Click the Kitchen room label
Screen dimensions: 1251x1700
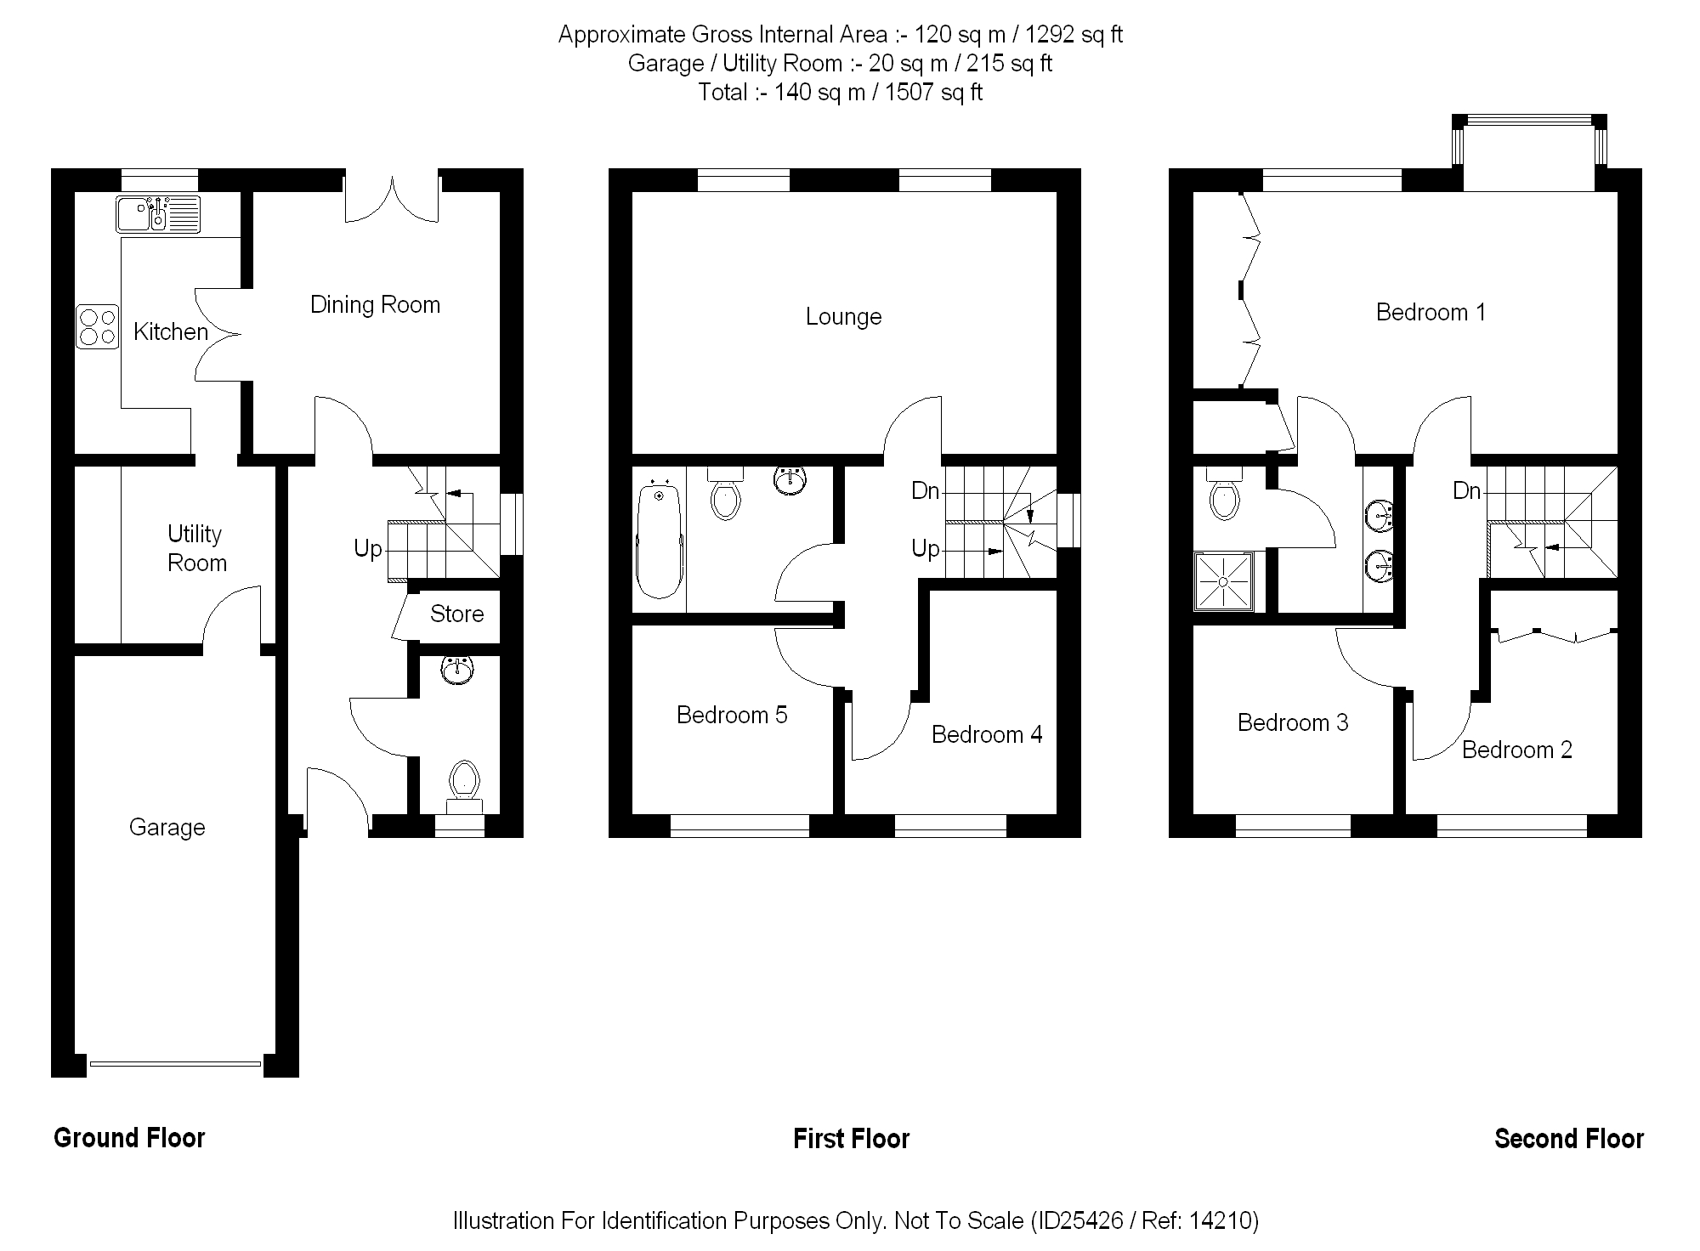pyautogui.click(x=171, y=331)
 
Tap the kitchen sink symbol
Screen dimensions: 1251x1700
pyautogui.click(x=158, y=214)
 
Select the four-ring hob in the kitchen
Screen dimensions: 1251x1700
pyautogui.click(x=98, y=327)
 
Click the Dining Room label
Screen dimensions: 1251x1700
pyautogui.click(x=375, y=304)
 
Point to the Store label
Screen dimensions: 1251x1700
pyautogui.click(x=456, y=614)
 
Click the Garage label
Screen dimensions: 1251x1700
pyautogui.click(x=167, y=827)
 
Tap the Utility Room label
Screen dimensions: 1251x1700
pyautogui.click(x=196, y=548)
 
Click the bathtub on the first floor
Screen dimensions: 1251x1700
pyautogui.click(x=659, y=541)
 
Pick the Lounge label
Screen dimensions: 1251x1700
pyautogui.click(x=843, y=317)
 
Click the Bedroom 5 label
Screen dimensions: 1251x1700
pyautogui.click(x=732, y=715)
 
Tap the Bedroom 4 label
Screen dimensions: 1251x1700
pyautogui.click(x=986, y=734)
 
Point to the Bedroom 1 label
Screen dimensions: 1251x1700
pyautogui.click(x=1431, y=313)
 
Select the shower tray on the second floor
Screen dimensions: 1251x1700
pyautogui.click(x=1223, y=581)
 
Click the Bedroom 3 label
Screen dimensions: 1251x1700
pyautogui.click(x=1292, y=722)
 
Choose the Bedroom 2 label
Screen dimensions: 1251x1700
pyautogui.click(x=1516, y=750)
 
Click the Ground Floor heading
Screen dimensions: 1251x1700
pyautogui.click(x=129, y=1138)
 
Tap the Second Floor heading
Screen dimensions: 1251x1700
pyautogui.click(x=1568, y=1138)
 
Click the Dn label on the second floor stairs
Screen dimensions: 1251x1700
pyautogui.click(x=1466, y=490)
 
